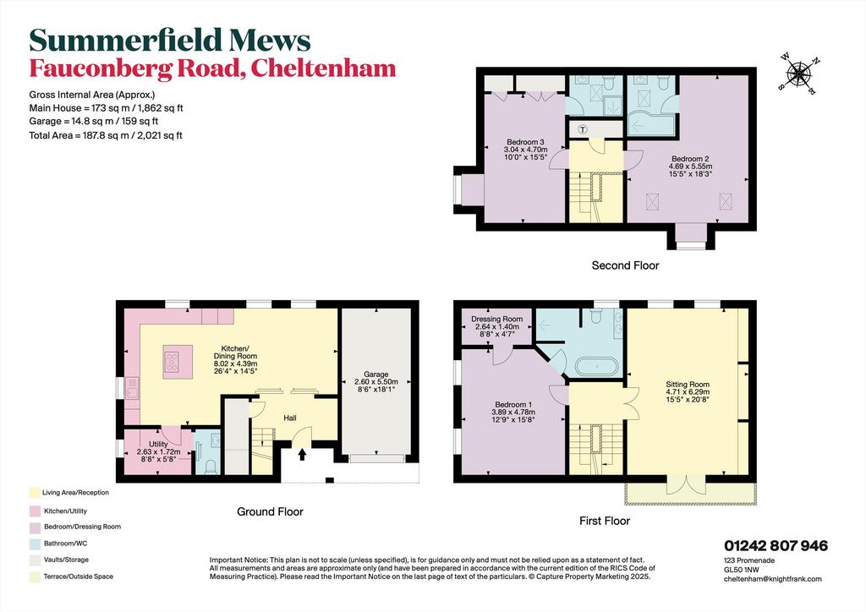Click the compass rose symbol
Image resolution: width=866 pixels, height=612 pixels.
(x=798, y=73)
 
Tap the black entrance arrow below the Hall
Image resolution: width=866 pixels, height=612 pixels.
(x=302, y=454)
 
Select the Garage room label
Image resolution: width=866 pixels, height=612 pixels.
(x=375, y=374)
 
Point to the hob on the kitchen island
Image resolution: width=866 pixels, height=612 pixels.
(x=172, y=361)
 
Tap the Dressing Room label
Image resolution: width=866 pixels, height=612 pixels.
(x=496, y=319)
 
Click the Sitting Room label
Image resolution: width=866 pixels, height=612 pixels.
(x=687, y=385)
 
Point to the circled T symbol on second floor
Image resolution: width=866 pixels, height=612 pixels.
(x=583, y=129)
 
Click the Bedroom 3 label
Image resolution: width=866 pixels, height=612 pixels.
(x=525, y=142)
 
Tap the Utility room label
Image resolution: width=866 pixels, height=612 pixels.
(x=158, y=445)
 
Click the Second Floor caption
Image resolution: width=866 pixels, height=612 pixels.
(x=625, y=265)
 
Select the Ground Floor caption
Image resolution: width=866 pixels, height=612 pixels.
(x=270, y=511)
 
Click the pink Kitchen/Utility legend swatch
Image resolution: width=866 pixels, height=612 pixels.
(x=35, y=511)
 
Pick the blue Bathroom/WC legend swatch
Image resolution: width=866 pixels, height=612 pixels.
(x=35, y=544)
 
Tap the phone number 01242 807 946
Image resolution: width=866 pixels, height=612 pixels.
(x=776, y=546)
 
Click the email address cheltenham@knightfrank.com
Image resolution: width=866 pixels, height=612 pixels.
(x=773, y=579)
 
